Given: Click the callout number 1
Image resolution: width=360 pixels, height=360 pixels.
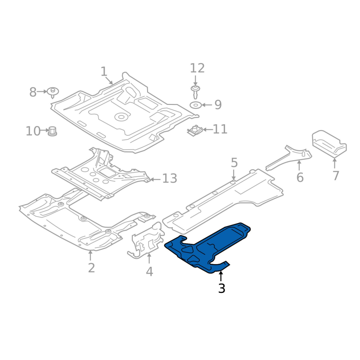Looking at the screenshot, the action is pos(104,72).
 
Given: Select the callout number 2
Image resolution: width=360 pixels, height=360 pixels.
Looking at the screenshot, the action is pos(91,268).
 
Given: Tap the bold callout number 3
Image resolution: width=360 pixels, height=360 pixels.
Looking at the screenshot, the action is pos(221,288).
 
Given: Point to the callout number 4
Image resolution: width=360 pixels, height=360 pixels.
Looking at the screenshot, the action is pos(149,272).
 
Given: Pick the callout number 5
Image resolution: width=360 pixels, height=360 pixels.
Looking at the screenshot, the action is pos(234,162).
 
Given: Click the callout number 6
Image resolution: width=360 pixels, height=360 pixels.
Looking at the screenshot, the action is pos(300,177).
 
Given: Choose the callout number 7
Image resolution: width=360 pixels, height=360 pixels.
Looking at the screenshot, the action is pos(336,175).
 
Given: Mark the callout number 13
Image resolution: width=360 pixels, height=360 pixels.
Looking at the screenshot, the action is pos(170,178).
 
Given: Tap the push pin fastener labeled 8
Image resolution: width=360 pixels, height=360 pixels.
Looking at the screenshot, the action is pos(53,92).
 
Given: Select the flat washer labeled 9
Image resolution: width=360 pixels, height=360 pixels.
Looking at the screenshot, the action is pos(196,105).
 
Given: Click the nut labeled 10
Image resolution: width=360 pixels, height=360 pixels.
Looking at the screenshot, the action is pos(53,131).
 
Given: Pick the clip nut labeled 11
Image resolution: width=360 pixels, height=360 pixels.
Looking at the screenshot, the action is pos(195,130).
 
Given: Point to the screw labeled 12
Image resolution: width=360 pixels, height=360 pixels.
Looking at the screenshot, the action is pos(195,92).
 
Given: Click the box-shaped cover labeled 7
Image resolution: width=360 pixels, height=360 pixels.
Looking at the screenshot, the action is pos(329,144).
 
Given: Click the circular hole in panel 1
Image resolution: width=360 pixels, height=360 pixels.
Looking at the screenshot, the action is pos(121,117).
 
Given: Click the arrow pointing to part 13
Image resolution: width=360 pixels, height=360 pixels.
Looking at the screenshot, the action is pos(155,179).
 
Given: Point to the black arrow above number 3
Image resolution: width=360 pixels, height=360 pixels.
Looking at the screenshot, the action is pos(221,276).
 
